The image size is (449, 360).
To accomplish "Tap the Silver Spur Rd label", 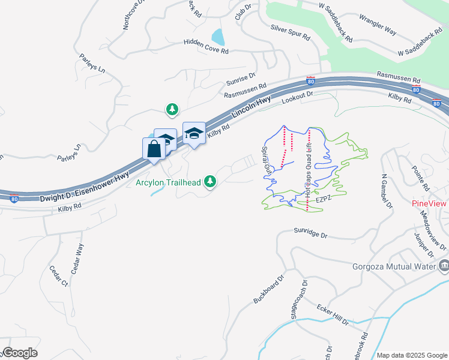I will tap(290, 32).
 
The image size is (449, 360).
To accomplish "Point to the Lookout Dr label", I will tap(298, 98).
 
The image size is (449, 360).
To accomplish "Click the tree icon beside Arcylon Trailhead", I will tap(210, 181).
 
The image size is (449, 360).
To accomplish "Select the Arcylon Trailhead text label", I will tap(167, 182).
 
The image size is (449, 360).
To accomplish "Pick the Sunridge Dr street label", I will tap(313, 233).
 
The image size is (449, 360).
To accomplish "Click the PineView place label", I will tap(429, 203).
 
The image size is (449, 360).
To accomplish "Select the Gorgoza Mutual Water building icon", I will tap(444, 265).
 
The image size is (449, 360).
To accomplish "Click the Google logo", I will tap(19, 353).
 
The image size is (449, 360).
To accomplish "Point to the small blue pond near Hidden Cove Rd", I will tap(218, 37).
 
